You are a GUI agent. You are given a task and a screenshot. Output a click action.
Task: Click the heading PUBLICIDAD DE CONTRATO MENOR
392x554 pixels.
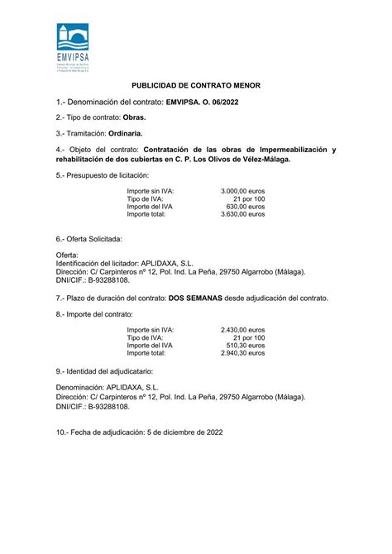(195, 85)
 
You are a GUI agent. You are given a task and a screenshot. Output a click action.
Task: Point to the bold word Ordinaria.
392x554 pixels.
(123, 132)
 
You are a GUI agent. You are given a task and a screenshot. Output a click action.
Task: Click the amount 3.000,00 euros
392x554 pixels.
(243, 191)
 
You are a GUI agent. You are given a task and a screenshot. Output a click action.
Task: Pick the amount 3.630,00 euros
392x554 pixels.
(243, 214)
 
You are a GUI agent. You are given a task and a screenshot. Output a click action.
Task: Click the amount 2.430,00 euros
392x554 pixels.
(243, 330)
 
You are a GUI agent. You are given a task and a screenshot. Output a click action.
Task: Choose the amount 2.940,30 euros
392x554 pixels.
(243, 353)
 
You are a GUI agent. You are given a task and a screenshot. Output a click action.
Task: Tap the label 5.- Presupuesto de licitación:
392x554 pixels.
(102, 175)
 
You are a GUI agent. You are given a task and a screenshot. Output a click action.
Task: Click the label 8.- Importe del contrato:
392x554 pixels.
(94, 314)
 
